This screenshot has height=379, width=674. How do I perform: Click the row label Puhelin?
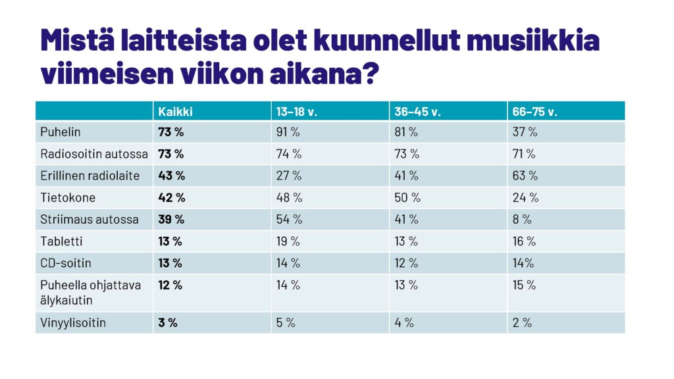[x=61, y=132]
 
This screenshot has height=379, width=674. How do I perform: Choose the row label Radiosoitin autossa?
[x=94, y=154]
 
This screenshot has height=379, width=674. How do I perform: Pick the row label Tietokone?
[x=68, y=197]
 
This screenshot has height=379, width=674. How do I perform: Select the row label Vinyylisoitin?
[x=73, y=323]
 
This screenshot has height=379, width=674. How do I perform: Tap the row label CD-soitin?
[x=66, y=263]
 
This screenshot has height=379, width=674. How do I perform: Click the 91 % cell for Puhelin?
[x=288, y=132]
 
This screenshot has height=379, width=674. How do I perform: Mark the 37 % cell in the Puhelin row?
[x=525, y=132]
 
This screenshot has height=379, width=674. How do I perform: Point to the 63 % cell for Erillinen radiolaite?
[x=525, y=176]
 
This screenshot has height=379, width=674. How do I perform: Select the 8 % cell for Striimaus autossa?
[x=522, y=219]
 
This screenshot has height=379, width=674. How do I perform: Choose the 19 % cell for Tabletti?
[x=288, y=241]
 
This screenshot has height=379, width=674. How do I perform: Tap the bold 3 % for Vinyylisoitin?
[x=168, y=323]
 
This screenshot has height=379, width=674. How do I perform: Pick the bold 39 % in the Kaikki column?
[x=171, y=219]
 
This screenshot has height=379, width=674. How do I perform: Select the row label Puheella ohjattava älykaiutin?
[x=91, y=291]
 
